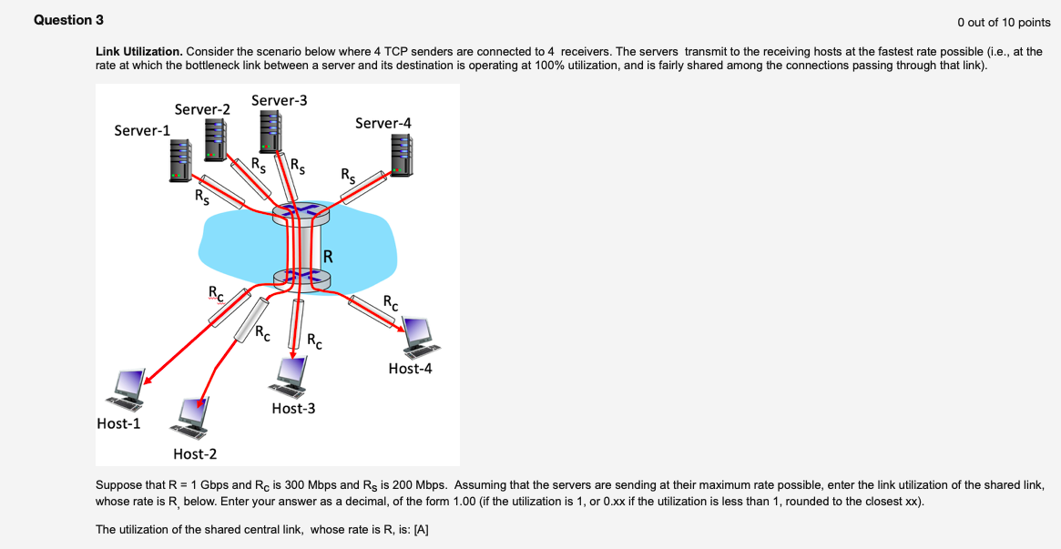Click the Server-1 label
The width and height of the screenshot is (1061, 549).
(x=142, y=130)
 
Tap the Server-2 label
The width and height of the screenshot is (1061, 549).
(x=202, y=109)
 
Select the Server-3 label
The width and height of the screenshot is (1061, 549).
(x=279, y=100)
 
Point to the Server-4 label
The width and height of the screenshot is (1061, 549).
(x=383, y=123)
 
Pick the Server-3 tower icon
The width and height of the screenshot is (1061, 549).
(x=270, y=133)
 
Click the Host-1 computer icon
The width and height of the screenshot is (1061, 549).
(x=125, y=389)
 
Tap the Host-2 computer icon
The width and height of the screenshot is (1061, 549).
(x=193, y=416)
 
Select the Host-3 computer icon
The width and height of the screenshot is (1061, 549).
(x=292, y=374)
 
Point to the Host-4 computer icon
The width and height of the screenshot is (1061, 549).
(x=420, y=336)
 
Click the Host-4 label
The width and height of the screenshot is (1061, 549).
(x=410, y=369)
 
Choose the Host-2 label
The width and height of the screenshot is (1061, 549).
(x=195, y=453)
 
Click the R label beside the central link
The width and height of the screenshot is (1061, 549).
(x=328, y=256)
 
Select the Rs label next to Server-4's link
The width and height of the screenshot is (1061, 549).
(x=349, y=174)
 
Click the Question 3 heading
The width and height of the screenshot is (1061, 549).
(x=63, y=20)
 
